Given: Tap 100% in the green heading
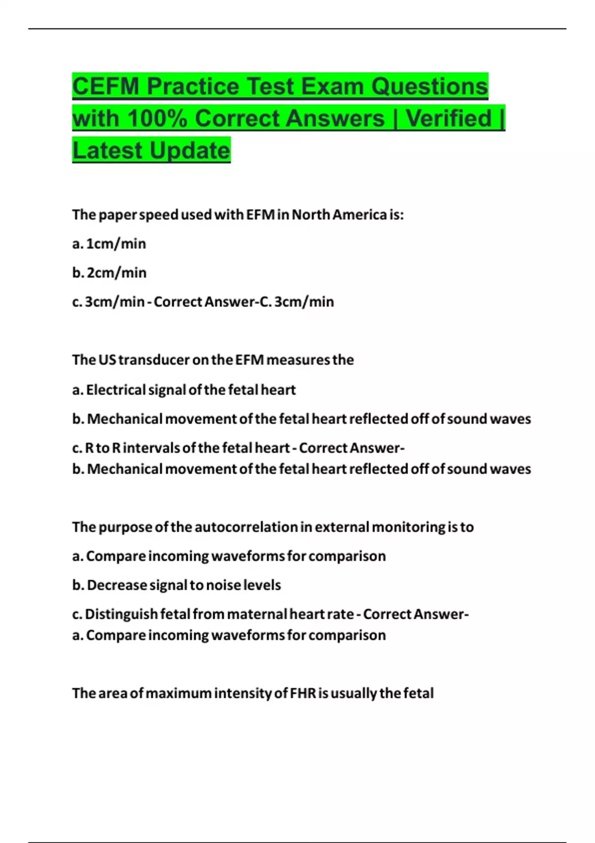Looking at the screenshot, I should point(157,119).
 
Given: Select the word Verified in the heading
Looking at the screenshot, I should point(449,119).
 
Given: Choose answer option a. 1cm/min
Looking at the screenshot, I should point(109,244).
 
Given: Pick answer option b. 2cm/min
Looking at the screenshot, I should point(109,273).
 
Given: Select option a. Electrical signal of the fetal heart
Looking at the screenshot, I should point(183,390).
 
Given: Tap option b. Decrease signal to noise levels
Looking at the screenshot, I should point(177,585).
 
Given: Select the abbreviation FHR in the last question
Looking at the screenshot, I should point(302,693).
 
